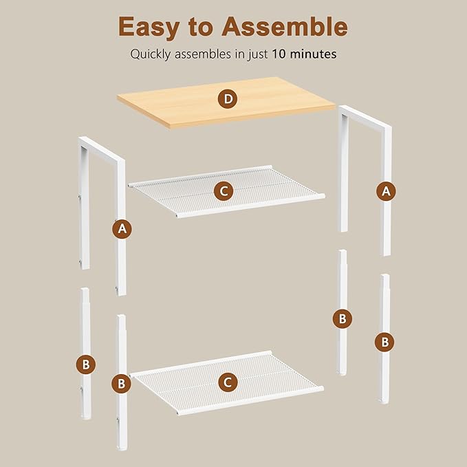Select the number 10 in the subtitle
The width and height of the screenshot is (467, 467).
tap(279, 54)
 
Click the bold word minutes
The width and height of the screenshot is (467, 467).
tap(314, 54)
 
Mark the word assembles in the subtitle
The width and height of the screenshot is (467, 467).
tap(203, 54)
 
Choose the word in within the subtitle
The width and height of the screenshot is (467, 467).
tap(239, 54)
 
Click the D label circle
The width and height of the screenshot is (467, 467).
tap(228, 98)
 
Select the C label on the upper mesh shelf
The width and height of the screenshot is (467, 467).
tap(224, 191)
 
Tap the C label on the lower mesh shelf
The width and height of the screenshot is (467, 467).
tap(228, 382)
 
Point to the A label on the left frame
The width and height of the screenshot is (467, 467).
tap(122, 229)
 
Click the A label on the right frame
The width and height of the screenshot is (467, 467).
tap(386, 191)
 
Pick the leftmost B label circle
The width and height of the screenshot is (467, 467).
tap(86, 365)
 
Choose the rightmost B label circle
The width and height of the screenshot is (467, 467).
tap(384, 342)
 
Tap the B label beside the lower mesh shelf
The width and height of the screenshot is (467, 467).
tap(121, 383)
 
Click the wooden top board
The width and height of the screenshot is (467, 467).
tap(226, 102)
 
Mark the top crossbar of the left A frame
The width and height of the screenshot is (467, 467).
tap(102, 150)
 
